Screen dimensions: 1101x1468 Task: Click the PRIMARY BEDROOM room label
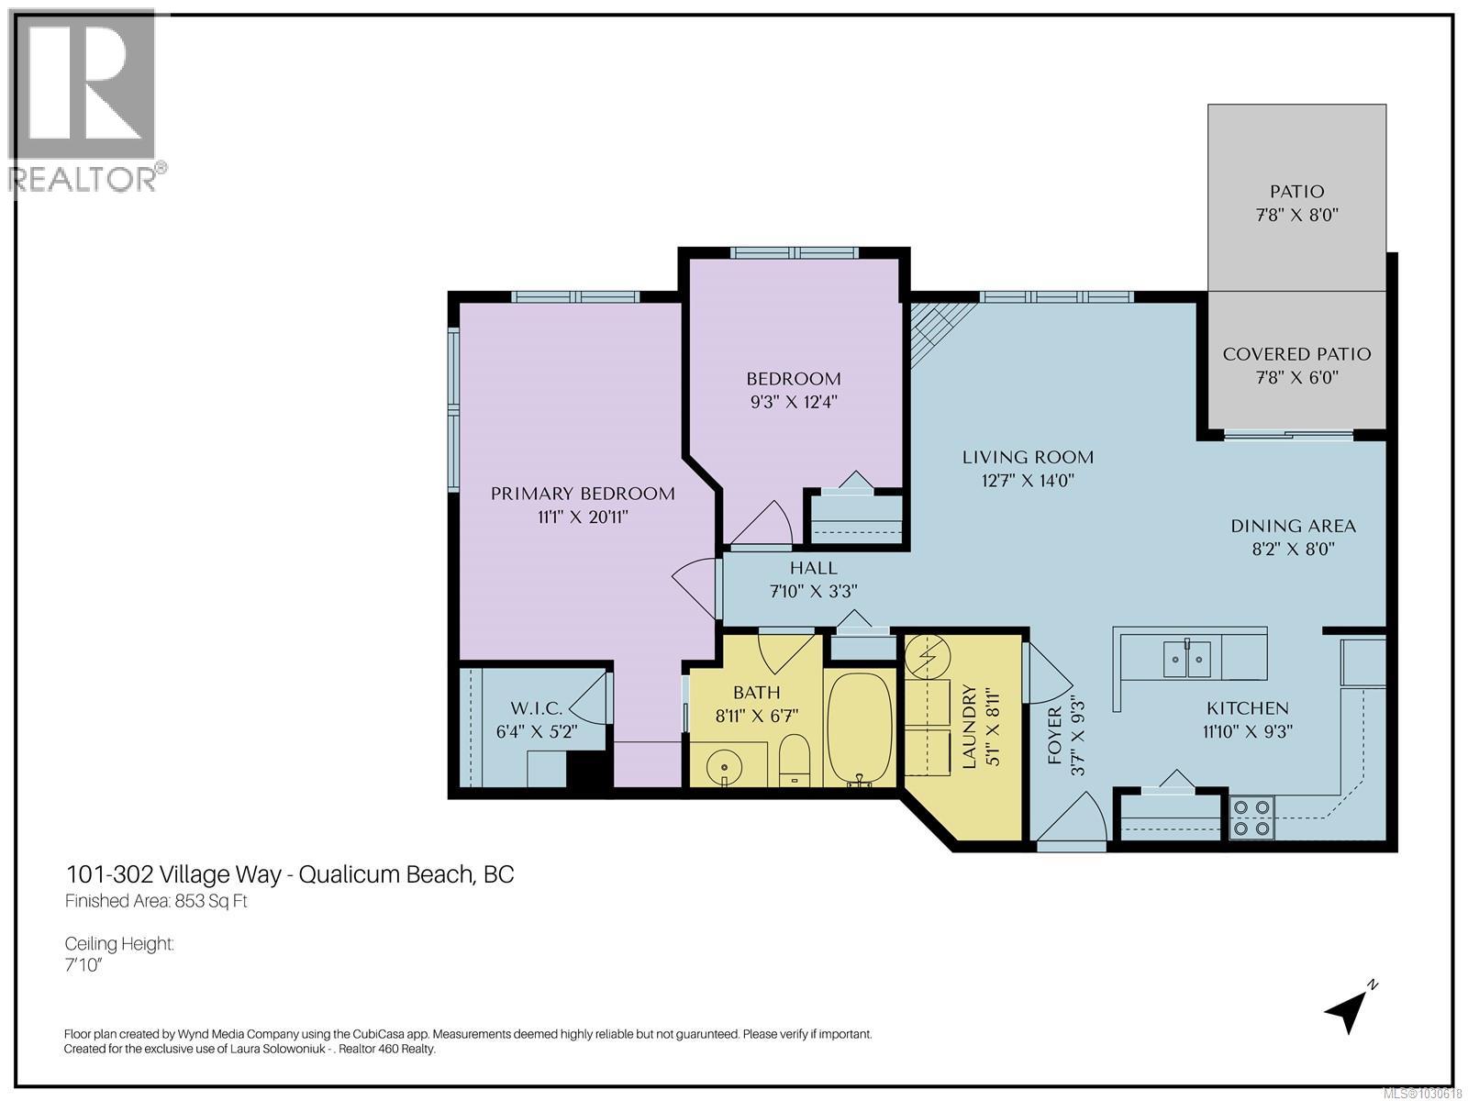click(x=583, y=494)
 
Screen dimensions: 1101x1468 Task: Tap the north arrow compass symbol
click(x=1350, y=1008)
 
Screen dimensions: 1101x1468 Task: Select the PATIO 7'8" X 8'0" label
click(x=1296, y=203)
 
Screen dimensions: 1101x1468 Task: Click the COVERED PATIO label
click(x=1296, y=354)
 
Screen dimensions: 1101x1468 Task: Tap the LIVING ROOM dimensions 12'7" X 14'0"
click(x=1028, y=480)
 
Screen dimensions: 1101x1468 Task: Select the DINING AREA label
click(x=1293, y=526)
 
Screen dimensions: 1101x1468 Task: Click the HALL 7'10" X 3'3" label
click(x=813, y=579)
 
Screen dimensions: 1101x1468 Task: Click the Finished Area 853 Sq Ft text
click(x=156, y=901)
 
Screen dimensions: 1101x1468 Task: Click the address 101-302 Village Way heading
click(x=289, y=873)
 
